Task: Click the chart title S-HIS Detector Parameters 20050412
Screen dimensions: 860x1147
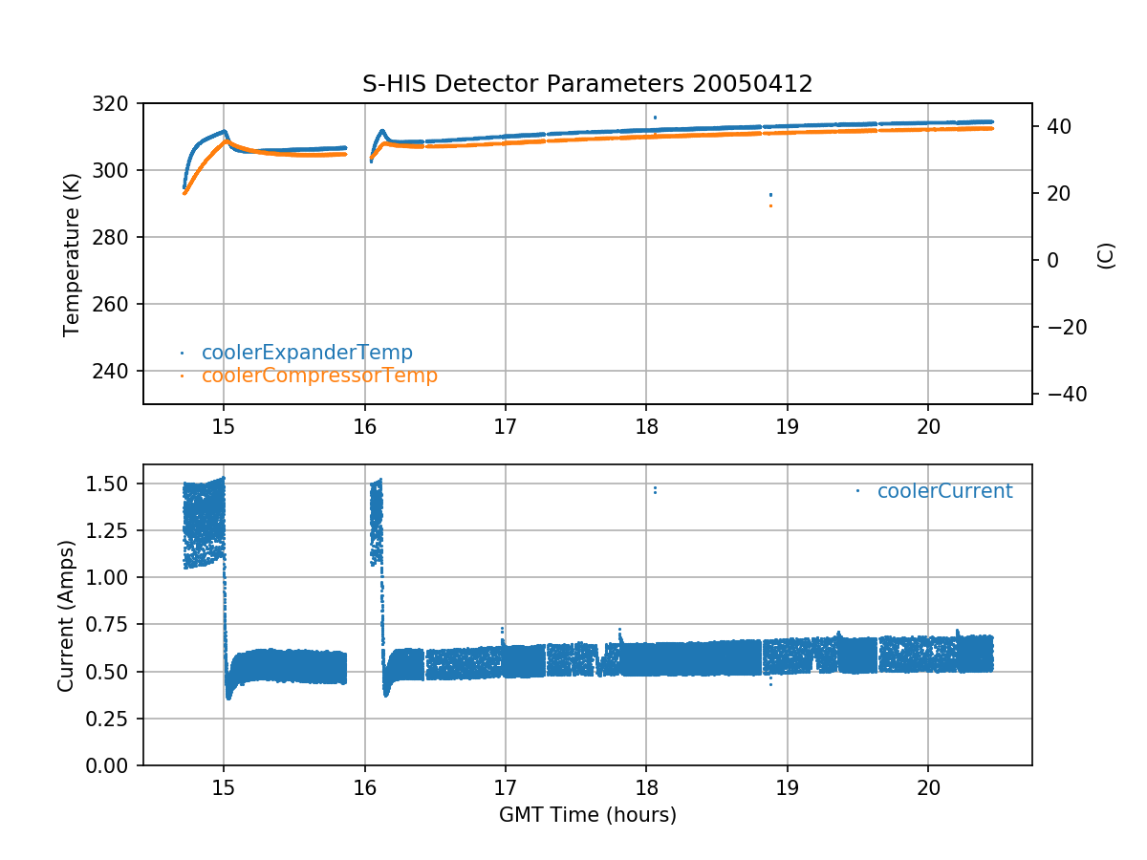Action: [x=587, y=83]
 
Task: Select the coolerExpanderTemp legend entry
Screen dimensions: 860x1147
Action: [x=307, y=353]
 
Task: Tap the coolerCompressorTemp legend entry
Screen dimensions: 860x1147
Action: [x=319, y=376]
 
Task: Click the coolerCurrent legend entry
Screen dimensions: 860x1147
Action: [x=944, y=491]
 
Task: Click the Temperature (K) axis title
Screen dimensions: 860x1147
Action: [x=71, y=253]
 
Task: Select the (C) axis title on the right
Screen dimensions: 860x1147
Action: [x=1106, y=255]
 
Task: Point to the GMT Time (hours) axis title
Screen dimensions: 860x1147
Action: [x=587, y=815]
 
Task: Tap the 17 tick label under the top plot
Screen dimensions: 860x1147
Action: [x=505, y=424]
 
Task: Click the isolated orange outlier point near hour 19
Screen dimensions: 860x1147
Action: [x=770, y=205]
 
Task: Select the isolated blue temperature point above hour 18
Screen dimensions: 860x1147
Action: [x=655, y=118]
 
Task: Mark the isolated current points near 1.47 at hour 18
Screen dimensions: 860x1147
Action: [x=655, y=490]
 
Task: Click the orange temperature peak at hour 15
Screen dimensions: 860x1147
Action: [x=226, y=141]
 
